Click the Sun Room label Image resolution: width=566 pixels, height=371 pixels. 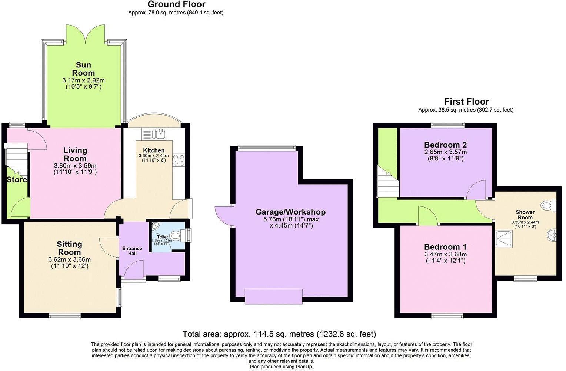[83, 69]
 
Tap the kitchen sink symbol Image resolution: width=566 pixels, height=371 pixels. [160, 134]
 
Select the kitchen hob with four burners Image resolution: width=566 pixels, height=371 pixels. [179, 160]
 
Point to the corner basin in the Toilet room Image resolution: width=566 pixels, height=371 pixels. [154, 225]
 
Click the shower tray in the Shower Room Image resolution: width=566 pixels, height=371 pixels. [503, 239]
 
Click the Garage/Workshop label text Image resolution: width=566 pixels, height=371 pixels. [290, 212]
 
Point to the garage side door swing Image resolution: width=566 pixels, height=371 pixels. [223, 215]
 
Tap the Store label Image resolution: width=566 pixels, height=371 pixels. [17, 180]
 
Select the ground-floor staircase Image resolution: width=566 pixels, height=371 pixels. [17, 159]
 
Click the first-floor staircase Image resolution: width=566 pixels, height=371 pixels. [387, 182]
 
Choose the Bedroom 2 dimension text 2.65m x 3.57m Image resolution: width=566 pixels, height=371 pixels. [445, 152]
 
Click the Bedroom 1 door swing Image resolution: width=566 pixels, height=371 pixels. [428, 216]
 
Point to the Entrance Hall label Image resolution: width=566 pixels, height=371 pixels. [132, 251]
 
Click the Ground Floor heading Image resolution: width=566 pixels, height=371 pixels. [176, 4]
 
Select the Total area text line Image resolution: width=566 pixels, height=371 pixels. [279, 334]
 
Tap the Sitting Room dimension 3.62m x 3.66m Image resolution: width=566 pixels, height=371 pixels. [70, 259]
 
